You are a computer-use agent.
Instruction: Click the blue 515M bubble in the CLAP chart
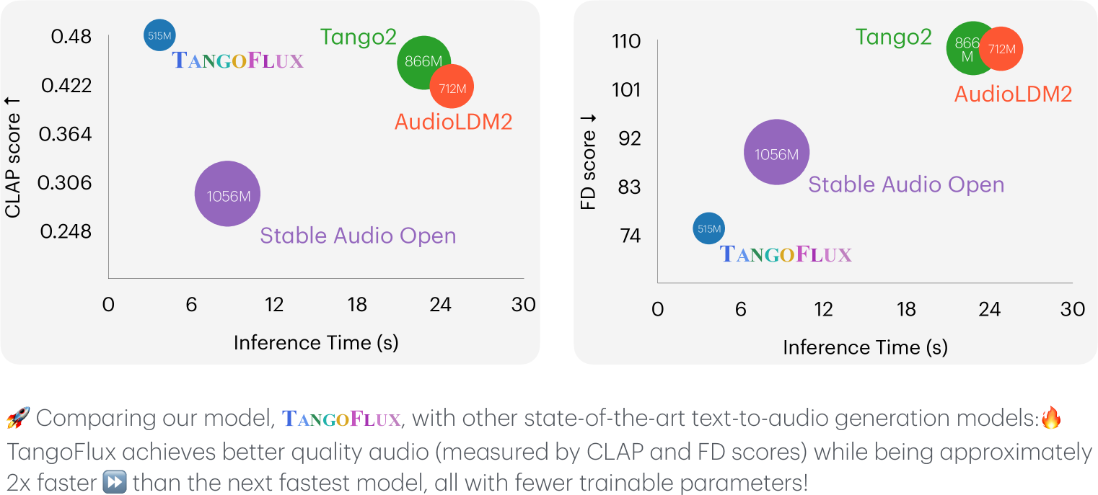[159, 35]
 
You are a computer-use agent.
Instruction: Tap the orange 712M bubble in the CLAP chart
[453, 88]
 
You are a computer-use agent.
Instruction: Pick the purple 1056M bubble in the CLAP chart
[227, 195]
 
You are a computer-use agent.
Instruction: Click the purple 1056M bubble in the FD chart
[776, 153]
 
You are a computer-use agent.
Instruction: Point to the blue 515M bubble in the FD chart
[708, 229]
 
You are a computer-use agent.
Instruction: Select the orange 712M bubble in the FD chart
[1003, 49]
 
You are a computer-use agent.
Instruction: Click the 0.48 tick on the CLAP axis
[71, 36]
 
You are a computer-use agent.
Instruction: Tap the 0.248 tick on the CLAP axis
[66, 231]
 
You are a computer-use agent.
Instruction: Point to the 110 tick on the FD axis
[625, 41]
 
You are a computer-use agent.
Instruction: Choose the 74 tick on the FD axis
[630, 236]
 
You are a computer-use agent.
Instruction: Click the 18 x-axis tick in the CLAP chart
[357, 305]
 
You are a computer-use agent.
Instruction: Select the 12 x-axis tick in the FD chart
[823, 309]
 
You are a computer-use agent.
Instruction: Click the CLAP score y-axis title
[12, 165]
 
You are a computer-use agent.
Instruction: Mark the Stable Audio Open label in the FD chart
[905, 184]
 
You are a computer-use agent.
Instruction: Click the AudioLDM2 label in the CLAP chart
[453, 122]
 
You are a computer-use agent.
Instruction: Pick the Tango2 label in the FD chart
[893, 37]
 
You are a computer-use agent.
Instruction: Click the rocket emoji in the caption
[17, 417]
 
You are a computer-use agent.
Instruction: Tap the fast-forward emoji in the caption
[115, 481]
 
